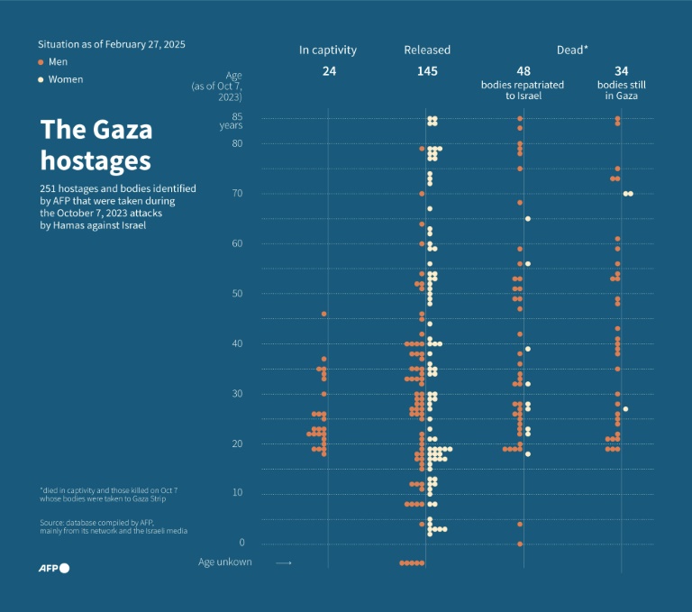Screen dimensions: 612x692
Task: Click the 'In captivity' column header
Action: click(328, 50)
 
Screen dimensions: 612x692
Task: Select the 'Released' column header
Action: click(427, 50)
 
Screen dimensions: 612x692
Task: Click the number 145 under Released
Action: click(427, 70)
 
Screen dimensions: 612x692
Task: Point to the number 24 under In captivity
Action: click(329, 70)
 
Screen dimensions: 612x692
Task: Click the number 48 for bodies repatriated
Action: click(524, 70)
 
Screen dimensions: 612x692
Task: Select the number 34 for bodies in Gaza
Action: click(622, 70)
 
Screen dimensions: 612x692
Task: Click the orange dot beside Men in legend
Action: click(41, 62)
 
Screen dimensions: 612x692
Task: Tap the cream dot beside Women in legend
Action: click(41, 79)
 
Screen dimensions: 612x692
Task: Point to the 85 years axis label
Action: click(237, 117)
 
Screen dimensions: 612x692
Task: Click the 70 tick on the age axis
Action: click(238, 194)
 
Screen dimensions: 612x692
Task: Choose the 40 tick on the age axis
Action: click(238, 343)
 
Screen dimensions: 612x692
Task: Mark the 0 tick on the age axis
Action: click(241, 543)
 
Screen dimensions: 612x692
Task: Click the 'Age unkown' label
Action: click(225, 562)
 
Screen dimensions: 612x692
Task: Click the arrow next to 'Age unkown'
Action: click(284, 562)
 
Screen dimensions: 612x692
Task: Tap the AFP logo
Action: click(53, 568)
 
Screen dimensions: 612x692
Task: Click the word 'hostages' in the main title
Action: click(96, 161)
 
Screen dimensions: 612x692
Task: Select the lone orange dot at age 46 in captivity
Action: click(324, 314)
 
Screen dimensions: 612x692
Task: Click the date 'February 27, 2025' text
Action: click(148, 44)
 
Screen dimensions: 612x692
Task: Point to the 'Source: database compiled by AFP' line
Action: click(97, 522)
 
